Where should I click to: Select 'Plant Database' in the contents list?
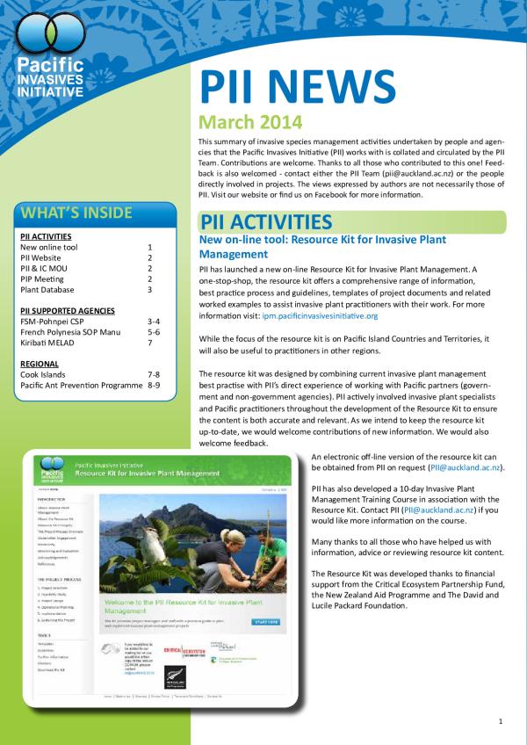(50, 289)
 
